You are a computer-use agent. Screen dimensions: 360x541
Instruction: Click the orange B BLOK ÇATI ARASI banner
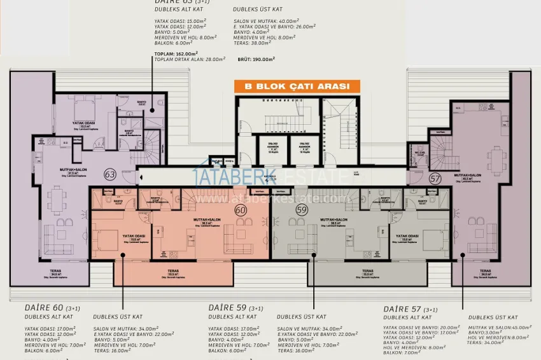[x=297, y=87]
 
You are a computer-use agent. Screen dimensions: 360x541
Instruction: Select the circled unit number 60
[x=241, y=211]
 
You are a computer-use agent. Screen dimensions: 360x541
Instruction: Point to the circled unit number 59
[x=301, y=211]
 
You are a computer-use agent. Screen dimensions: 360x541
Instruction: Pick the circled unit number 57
[x=435, y=179]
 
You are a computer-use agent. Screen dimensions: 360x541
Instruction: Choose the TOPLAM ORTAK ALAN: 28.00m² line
[x=190, y=59]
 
